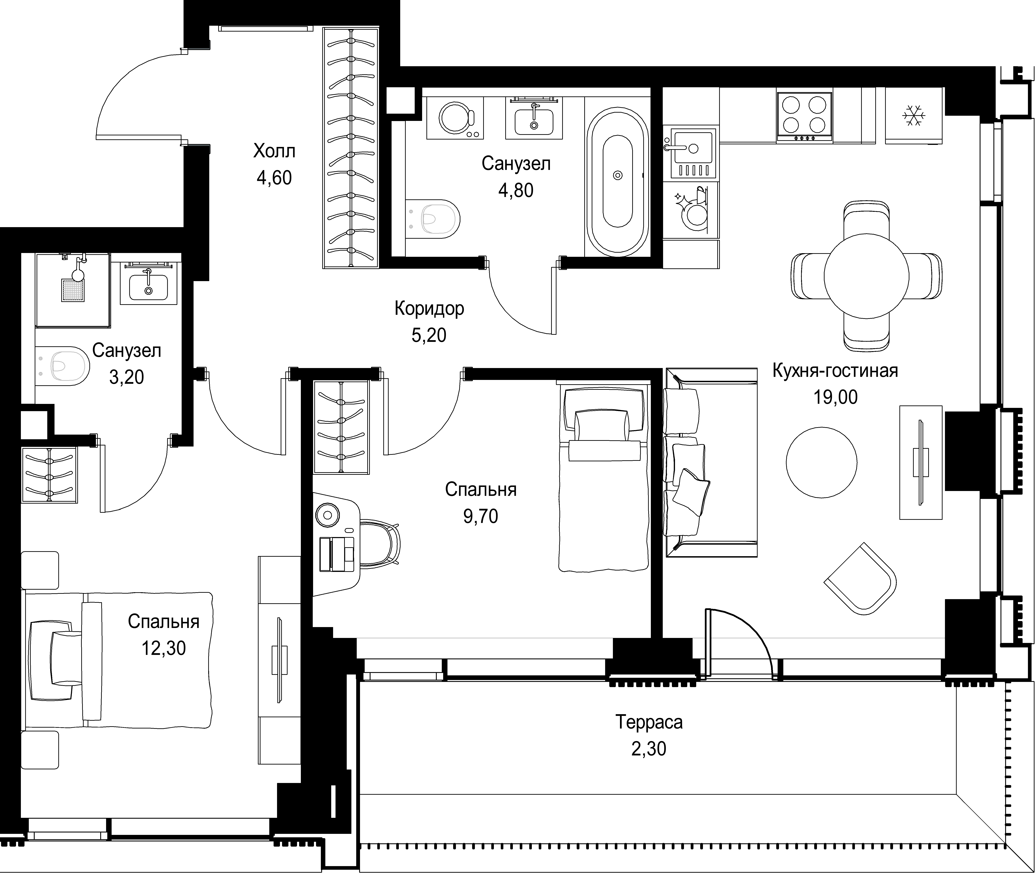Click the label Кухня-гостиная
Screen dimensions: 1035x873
coord(836,371)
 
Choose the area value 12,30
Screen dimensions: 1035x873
coord(164,648)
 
